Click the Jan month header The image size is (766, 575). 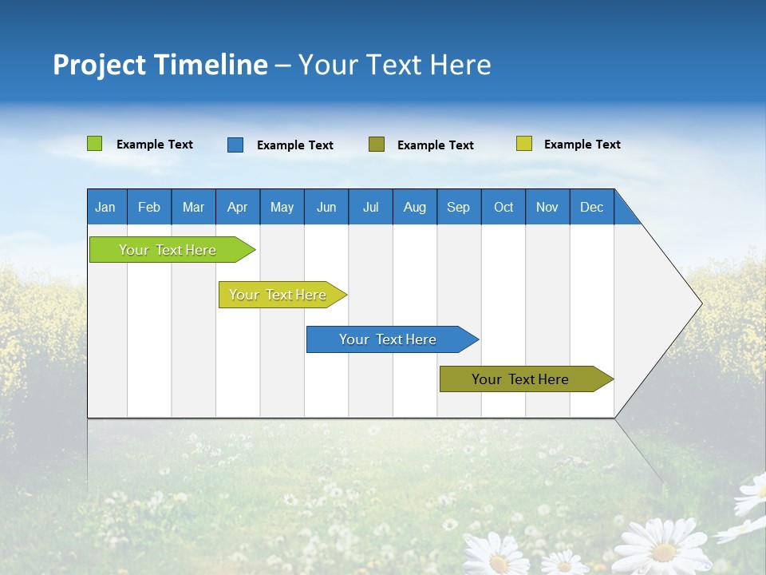click(x=106, y=207)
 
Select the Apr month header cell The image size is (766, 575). click(x=238, y=207)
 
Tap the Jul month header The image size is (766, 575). click(x=370, y=207)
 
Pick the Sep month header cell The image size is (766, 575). click(x=459, y=207)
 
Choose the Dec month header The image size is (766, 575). click(x=591, y=207)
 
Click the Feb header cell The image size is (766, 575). click(x=149, y=207)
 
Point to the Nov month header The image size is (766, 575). click(x=547, y=207)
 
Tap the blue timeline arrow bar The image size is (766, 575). click(x=389, y=339)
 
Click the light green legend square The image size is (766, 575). click(x=94, y=144)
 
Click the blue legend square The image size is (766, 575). click(x=235, y=145)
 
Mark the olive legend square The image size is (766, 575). click(x=377, y=144)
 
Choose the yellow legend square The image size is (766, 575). click(x=523, y=144)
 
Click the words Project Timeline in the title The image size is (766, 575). click(x=160, y=65)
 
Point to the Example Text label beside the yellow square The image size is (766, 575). click(x=582, y=145)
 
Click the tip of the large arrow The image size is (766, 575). click(x=699, y=303)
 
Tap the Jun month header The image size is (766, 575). click(x=326, y=207)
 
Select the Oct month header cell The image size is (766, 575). click(x=503, y=207)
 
